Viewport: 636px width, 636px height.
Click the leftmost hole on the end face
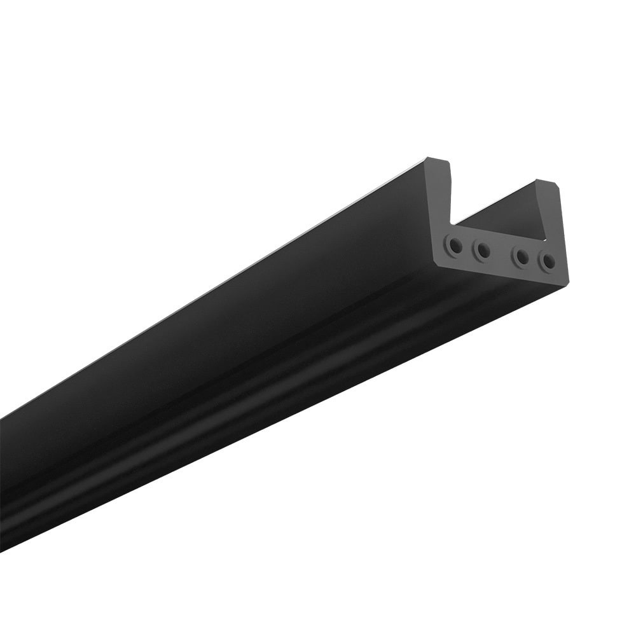pyautogui.click(x=454, y=244)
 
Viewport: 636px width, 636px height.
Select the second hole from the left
pyautogui.click(x=483, y=250)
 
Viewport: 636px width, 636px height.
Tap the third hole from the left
pyautogui.click(x=522, y=257)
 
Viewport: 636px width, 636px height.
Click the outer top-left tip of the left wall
pyautogui.click(x=427, y=159)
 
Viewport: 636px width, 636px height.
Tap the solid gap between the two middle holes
pyautogui.click(x=502, y=254)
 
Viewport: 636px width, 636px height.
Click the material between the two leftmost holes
pyautogui.click(x=469, y=247)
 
